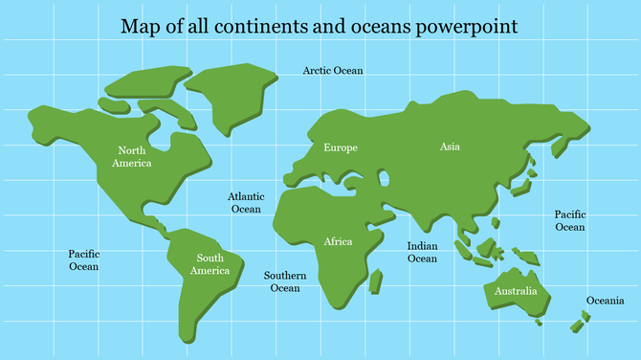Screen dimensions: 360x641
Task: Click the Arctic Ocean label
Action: coord(333,71)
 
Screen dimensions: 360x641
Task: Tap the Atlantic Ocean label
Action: coord(245,202)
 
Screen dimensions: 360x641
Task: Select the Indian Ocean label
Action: coord(422,252)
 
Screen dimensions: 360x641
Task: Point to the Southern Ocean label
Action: coord(285,281)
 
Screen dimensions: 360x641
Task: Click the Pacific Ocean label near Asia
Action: coord(570,221)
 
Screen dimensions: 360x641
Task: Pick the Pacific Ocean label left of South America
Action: coord(83,260)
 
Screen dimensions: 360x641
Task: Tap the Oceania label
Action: coord(605,301)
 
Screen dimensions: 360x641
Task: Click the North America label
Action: coord(132,157)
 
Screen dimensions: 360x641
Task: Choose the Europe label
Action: coord(341,147)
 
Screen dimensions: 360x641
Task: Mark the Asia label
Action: coord(450,146)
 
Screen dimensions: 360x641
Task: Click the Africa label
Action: coord(338,241)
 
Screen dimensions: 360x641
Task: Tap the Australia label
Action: coord(516,291)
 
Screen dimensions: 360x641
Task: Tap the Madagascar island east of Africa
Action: coord(376,281)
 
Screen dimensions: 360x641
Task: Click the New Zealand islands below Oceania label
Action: coord(580,321)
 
